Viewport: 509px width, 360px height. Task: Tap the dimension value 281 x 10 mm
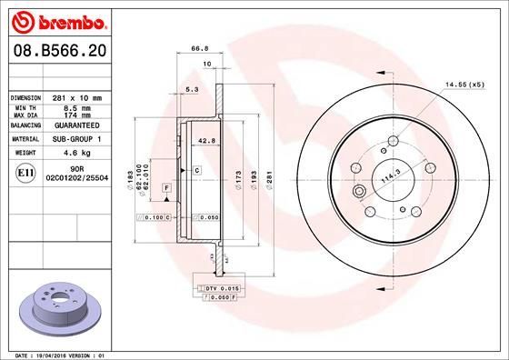pyautogui.click(x=75, y=97)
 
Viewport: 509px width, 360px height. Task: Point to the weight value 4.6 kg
pyautogui.click(x=75, y=154)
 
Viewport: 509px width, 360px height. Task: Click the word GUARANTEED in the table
pyautogui.click(x=75, y=125)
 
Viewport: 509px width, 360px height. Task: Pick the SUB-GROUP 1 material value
pyautogui.click(x=75, y=140)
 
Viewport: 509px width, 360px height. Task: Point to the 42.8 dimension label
pyautogui.click(x=205, y=141)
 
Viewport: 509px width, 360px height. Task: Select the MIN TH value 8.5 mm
pyautogui.click(x=75, y=108)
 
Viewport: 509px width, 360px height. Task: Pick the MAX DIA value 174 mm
pyautogui.click(x=75, y=115)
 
